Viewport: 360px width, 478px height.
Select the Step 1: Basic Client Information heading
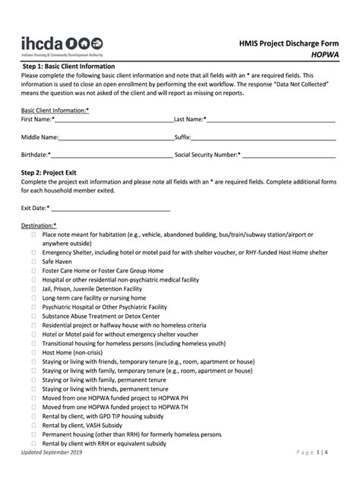[x=68, y=66]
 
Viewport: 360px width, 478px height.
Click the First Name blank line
[x=113, y=120]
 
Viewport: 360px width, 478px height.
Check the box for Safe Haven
[x=33, y=261]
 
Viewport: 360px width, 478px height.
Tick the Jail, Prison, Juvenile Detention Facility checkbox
[x=33, y=289]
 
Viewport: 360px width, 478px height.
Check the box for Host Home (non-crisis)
[x=33, y=353]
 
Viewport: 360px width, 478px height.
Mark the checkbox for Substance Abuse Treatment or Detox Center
[x=33, y=316]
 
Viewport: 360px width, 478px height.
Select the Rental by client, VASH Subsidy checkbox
[x=33, y=426]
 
